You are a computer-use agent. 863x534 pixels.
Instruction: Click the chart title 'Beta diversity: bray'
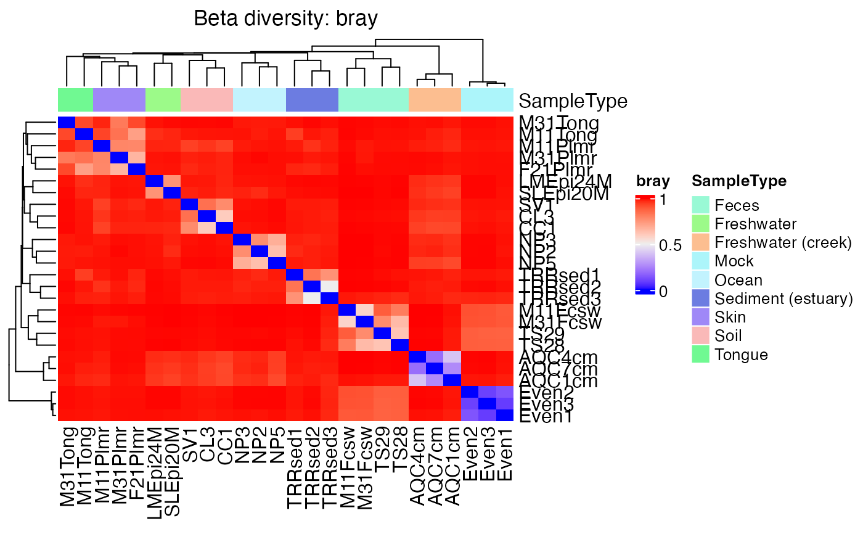[285, 19]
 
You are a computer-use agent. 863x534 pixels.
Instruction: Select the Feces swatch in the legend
[701, 205]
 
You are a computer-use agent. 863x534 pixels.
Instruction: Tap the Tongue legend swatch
[701, 355]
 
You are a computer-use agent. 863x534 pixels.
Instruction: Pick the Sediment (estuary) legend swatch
[701, 298]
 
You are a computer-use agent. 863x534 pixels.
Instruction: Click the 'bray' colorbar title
[653, 181]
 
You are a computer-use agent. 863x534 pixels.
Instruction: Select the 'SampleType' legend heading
[738, 181]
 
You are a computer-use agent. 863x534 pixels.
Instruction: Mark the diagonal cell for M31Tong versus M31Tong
[67, 122]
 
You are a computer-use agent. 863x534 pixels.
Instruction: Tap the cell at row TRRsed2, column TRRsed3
[330, 287]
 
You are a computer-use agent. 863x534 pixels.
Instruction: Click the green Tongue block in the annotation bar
[75, 99]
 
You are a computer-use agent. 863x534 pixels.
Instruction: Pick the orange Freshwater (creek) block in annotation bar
[435, 99]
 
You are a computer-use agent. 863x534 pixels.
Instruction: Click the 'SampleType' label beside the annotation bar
[573, 101]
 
